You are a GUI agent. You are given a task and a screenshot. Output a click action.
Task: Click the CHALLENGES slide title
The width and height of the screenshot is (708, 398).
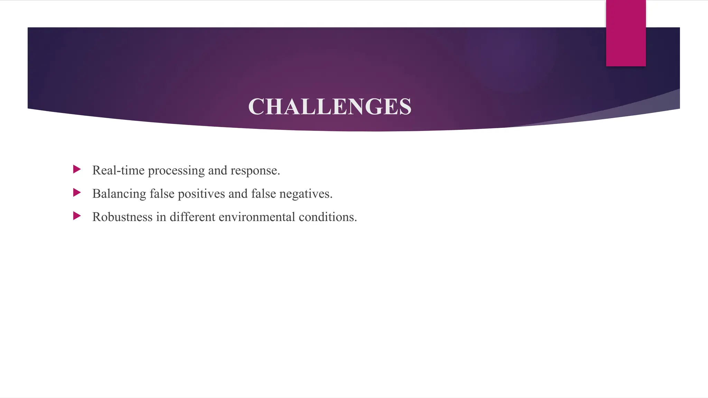330,106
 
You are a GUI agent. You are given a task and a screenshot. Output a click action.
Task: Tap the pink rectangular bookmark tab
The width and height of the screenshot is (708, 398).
626,33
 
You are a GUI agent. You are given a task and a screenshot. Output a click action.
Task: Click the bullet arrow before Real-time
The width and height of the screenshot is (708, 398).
77,169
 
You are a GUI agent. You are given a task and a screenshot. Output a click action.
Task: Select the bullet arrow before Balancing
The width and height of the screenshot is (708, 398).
77,192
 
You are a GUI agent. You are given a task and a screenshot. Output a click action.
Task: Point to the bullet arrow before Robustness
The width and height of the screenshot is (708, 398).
77,216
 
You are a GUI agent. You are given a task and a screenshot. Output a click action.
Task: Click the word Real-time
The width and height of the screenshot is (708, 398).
118,170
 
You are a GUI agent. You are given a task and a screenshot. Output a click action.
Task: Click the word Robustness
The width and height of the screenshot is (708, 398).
122,217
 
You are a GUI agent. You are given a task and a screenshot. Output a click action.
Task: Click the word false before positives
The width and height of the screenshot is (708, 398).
162,194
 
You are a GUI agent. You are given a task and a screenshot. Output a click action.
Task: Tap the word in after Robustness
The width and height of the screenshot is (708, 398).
161,217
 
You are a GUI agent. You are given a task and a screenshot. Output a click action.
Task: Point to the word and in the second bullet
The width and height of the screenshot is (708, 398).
238,194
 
